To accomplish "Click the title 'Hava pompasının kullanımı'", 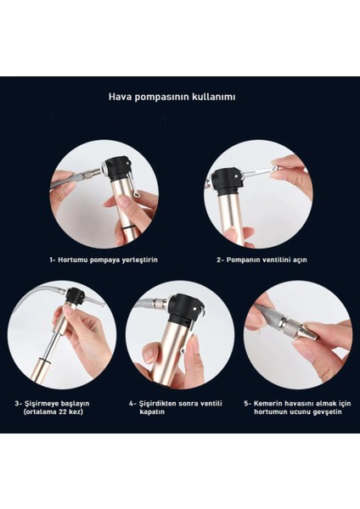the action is click(x=172, y=97).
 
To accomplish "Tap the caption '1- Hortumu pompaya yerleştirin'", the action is click(x=104, y=260).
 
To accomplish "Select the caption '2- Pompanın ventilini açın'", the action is click(x=262, y=260).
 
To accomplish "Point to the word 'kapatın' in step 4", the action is click(x=152, y=412).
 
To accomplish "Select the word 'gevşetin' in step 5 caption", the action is click(x=328, y=412).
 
